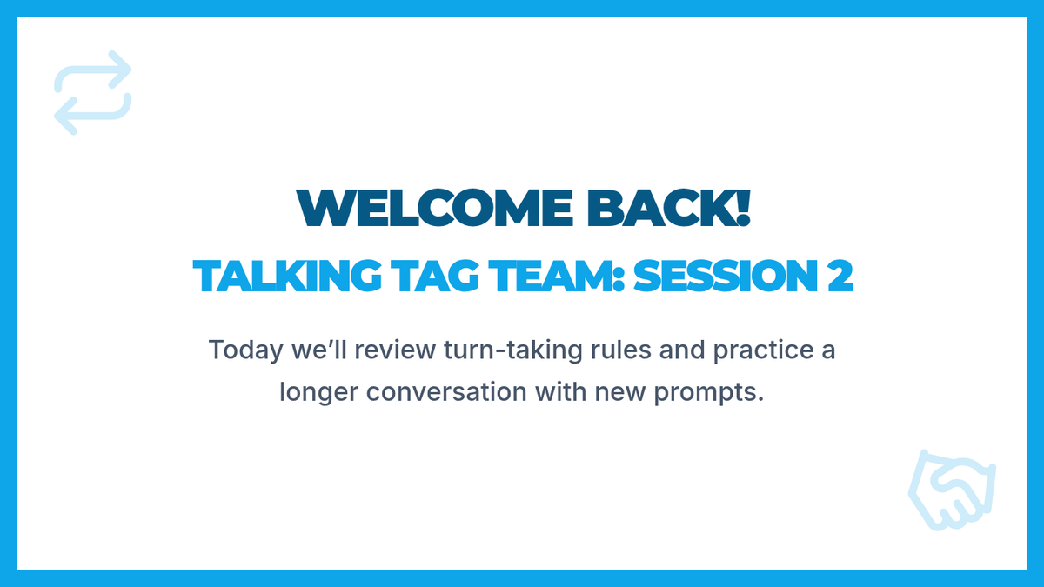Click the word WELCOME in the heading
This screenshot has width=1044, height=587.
click(434, 208)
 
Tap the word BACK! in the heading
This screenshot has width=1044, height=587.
click(668, 208)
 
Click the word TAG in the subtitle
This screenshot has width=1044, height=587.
click(435, 276)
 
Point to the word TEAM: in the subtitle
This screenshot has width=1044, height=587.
click(557, 276)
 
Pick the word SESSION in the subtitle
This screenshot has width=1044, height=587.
click(726, 276)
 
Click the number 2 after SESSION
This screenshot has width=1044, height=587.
click(840, 276)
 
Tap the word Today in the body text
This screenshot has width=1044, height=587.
click(245, 350)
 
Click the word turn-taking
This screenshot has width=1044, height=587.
click(513, 350)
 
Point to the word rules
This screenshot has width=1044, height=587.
click(621, 350)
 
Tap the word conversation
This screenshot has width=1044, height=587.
click(446, 392)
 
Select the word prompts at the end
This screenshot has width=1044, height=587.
click(709, 393)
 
